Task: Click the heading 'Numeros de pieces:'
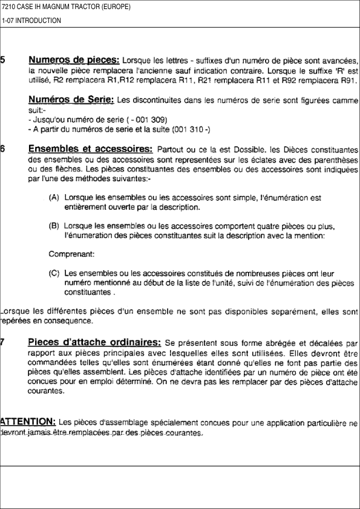click(x=74, y=60)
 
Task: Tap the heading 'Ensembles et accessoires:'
click(x=90, y=149)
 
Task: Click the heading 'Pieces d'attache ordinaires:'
click(x=94, y=343)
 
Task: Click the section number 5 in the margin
click(x=3, y=60)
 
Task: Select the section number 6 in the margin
click(x=3, y=149)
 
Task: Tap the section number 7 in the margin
click(x=3, y=343)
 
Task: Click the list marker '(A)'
click(x=54, y=198)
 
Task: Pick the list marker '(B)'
click(x=54, y=227)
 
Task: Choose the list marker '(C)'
click(x=54, y=273)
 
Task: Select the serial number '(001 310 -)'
click(x=191, y=129)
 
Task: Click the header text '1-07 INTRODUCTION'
click(x=31, y=21)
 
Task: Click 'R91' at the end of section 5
click(x=350, y=80)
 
